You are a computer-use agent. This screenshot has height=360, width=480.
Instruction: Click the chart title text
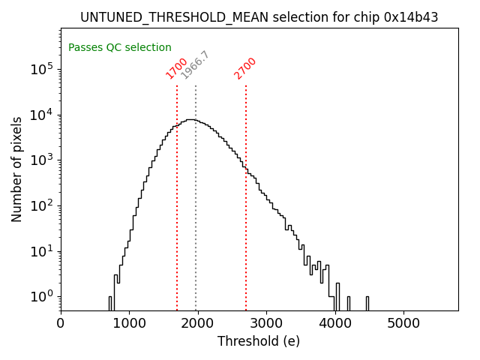click(x=259, y=17)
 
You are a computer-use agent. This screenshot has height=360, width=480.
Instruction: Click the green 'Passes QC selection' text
click(x=120, y=47)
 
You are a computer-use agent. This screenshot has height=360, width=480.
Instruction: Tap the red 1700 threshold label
click(x=177, y=68)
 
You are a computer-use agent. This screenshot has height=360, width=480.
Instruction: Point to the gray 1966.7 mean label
click(x=196, y=65)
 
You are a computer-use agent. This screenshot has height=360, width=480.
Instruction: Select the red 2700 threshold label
click(x=245, y=68)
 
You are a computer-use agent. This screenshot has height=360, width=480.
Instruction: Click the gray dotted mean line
click(x=196, y=225)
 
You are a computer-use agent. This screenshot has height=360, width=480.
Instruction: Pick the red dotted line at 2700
click(x=246, y=225)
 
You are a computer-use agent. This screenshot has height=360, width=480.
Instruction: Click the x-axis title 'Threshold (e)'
click(x=259, y=341)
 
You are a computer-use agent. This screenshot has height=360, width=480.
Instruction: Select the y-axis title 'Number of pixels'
click(x=16, y=169)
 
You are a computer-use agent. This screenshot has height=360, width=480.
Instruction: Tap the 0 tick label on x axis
click(x=61, y=324)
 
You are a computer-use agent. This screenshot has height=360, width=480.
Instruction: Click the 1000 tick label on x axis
click(x=129, y=324)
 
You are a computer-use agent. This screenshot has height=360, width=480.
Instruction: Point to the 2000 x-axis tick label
click(x=198, y=324)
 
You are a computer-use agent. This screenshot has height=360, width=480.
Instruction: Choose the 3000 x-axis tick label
click(x=266, y=324)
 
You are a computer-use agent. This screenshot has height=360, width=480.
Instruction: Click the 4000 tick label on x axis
click(x=335, y=324)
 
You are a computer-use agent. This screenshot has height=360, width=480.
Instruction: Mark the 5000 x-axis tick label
click(x=403, y=324)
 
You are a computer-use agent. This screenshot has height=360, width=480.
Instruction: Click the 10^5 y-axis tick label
click(x=42, y=69)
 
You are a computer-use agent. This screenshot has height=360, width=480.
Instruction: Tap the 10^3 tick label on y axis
click(x=42, y=160)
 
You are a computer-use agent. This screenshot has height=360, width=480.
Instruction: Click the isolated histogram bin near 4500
click(x=367, y=303)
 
